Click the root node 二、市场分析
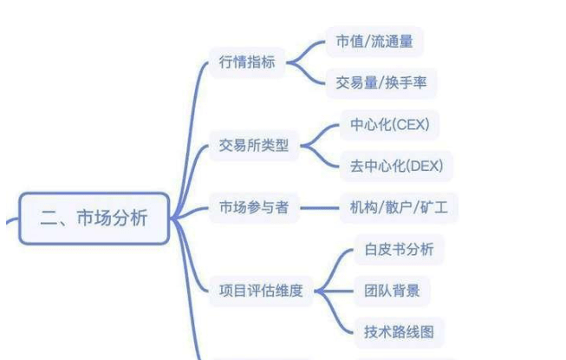point(94,218)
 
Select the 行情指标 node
point(249,62)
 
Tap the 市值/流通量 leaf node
point(374,41)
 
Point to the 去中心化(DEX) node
point(394,165)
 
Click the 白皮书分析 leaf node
point(400,249)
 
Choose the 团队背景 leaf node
point(393,290)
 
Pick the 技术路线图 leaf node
point(400,331)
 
